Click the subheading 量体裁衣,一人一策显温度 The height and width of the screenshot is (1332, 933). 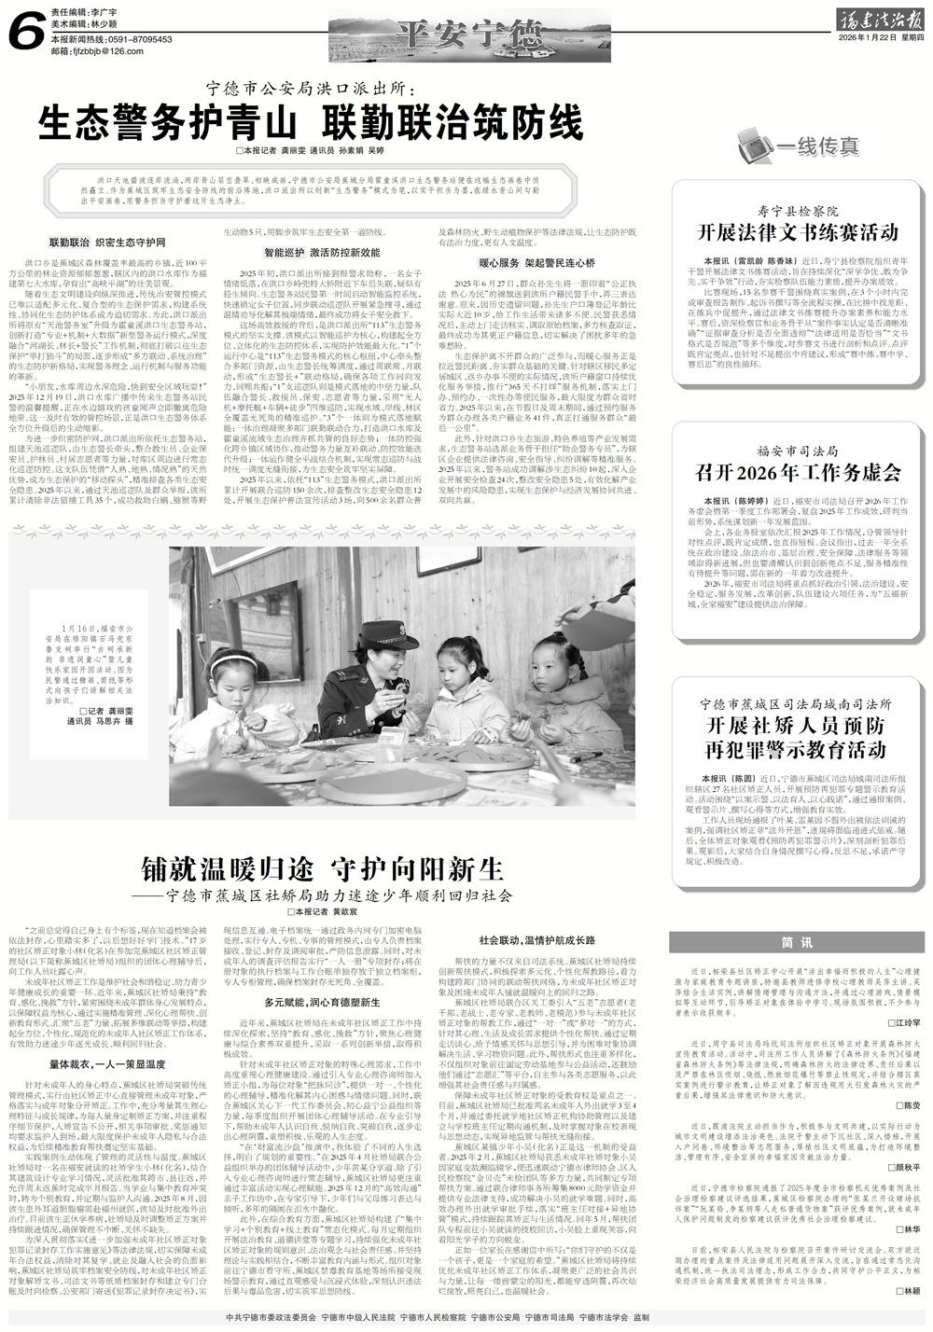coord(109,1064)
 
